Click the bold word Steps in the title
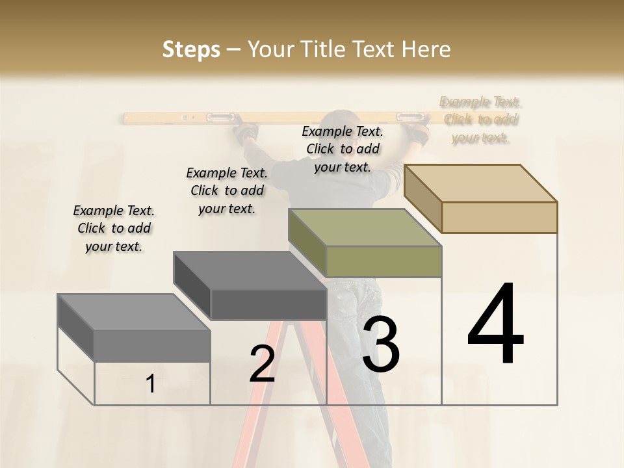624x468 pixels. pyautogui.click(x=191, y=49)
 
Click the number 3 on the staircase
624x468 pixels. pyautogui.click(x=381, y=344)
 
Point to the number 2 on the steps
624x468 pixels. pyautogui.click(x=262, y=364)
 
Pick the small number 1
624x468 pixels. pyautogui.click(x=151, y=384)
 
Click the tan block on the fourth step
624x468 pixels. pyautogui.click(x=481, y=198)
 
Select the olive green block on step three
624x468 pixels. pyautogui.click(x=365, y=242)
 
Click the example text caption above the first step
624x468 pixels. pyautogui.click(x=114, y=228)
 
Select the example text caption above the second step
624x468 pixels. pyautogui.click(x=227, y=190)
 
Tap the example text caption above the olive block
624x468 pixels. pyautogui.click(x=343, y=149)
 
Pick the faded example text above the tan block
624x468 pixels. pyautogui.click(x=481, y=120)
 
